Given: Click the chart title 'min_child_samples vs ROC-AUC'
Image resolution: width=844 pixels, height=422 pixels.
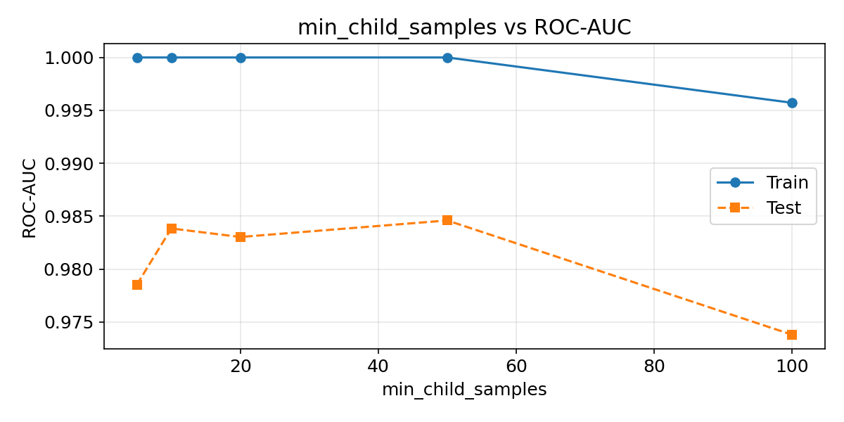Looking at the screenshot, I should click(x=464, y=27).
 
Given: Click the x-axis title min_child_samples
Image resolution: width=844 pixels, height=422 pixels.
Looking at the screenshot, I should click(x=464, y=390).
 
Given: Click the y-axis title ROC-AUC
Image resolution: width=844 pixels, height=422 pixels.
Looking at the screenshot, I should click(x=30, y=198).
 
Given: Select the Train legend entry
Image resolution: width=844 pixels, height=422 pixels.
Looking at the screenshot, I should click(x=762, y=183).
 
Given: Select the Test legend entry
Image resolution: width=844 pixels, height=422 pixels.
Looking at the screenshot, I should click(x=762, y=207).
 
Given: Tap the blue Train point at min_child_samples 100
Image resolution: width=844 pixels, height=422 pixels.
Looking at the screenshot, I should click(x=792, y=103).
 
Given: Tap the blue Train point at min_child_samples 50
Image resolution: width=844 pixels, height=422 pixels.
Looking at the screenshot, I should click(x=447, y=58).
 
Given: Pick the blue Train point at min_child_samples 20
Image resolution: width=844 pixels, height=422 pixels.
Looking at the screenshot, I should click(x=241, y=58).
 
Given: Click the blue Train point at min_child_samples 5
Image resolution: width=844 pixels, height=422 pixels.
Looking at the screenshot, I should click(x=137, y=58).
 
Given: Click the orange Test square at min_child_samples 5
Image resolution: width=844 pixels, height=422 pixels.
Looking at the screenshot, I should click(x=137, y=285).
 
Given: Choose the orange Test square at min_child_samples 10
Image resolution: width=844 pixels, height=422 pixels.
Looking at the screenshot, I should click(x=172, y=229).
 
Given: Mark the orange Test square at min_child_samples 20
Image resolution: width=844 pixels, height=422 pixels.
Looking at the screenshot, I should click(x=241, y=237).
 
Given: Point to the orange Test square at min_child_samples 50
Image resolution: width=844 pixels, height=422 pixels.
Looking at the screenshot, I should click(x=447, y=220).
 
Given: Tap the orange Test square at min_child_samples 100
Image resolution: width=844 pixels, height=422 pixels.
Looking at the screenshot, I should click(x=792, y=335).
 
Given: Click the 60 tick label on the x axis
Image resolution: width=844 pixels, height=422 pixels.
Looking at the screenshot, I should click(x=516, y=366).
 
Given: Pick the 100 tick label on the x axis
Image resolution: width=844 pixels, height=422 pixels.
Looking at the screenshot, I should click(x=792, y=366).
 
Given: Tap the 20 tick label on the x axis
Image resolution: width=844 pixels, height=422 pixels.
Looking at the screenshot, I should click(x=241, y=366).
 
